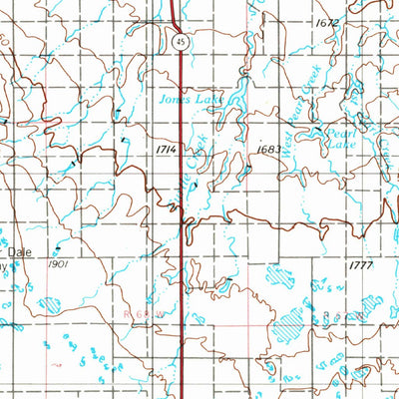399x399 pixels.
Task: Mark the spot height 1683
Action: [x=266, y=149]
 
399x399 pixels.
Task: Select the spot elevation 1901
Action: [x=58, y=265]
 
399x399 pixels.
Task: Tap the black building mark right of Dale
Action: [x=58, y=246]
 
